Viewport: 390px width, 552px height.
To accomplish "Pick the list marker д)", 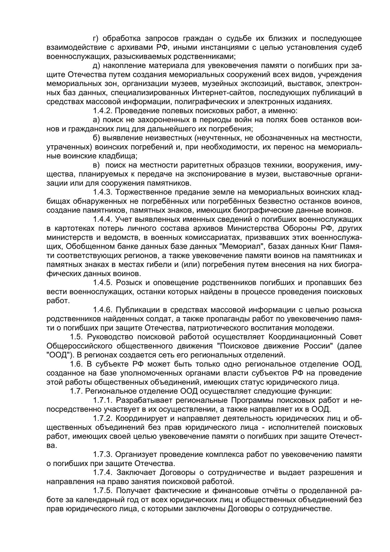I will [96, 65].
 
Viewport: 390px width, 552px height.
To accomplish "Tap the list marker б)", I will [96, 138].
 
